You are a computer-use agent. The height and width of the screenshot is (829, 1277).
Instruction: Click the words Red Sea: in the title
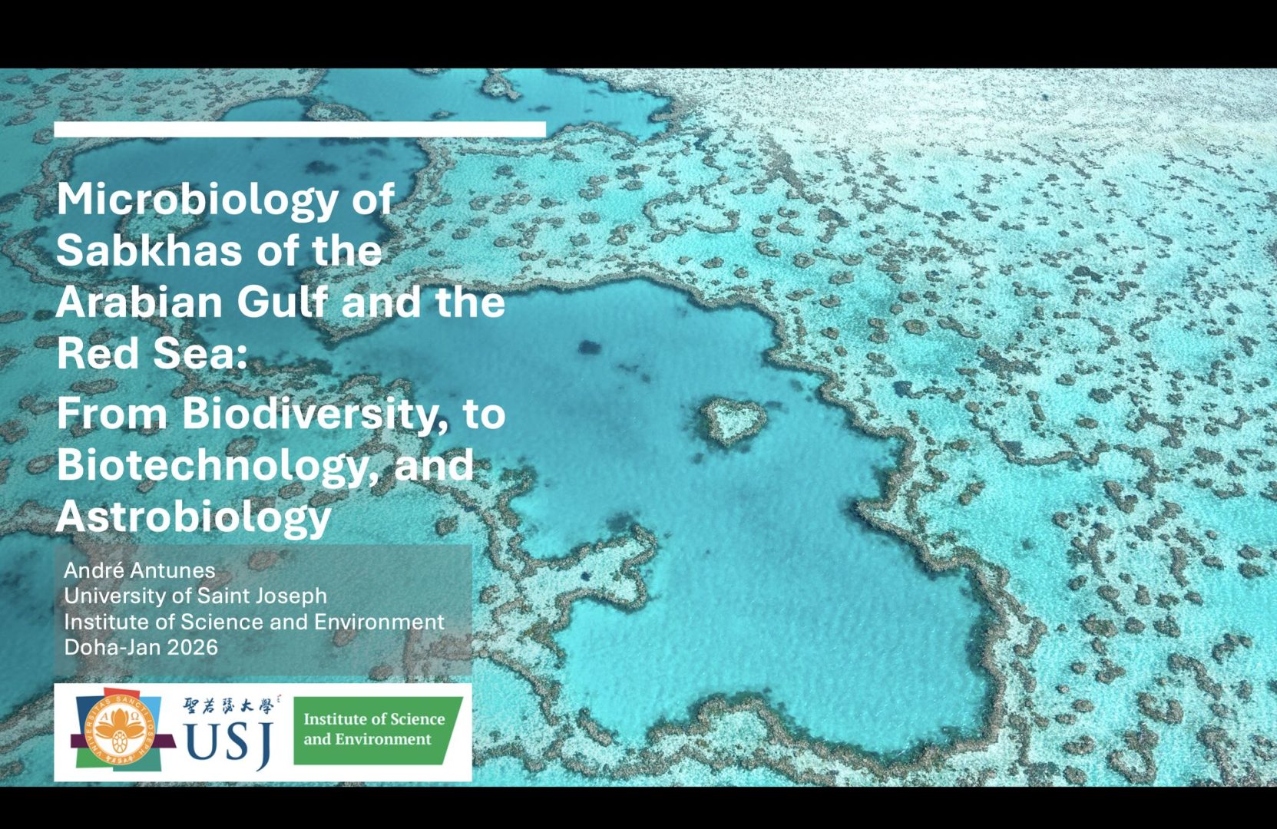[x=151, y=352]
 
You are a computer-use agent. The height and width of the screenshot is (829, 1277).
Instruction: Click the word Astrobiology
[x=194, y=517]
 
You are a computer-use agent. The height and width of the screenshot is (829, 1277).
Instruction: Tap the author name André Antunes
[x=140, y=570]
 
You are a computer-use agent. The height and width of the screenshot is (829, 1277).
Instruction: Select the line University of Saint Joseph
[x=196, y=596]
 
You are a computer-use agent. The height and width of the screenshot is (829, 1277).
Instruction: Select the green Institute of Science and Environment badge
[x=377, y=730]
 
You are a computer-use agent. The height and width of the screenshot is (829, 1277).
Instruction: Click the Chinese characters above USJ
[x=229, y=706]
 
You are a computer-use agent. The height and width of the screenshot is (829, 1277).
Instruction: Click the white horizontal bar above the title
[x=300, y=129]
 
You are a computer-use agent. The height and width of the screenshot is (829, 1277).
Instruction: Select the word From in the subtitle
[x=112, y=414]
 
